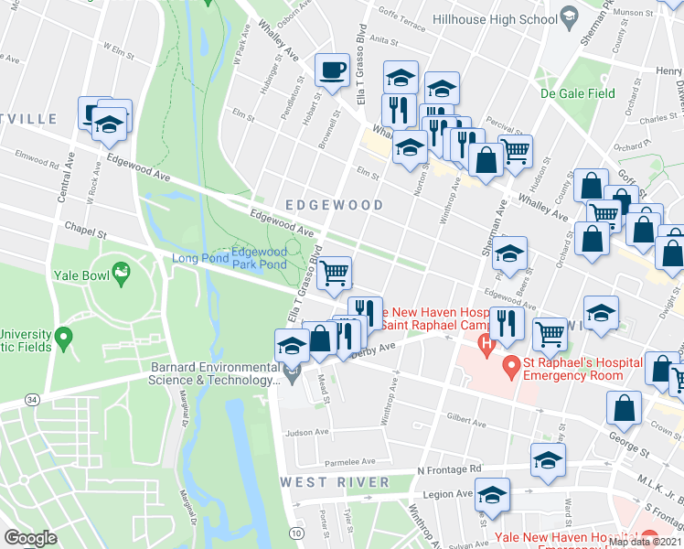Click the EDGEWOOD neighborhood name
(334, 205)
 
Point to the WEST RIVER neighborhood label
(324, 481)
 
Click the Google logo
(30, 538)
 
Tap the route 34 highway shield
(33, 399)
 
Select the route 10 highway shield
(294, 533)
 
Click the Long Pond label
(197, 259)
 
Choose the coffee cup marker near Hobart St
(331, 70)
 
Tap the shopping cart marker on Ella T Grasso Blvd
(336, 272)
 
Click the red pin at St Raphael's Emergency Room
(510, 370)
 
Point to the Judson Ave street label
(305, 433)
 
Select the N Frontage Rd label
(448, 469)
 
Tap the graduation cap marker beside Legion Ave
(492, 495)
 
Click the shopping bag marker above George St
(624, 411)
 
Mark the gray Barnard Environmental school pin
(292, 372)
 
